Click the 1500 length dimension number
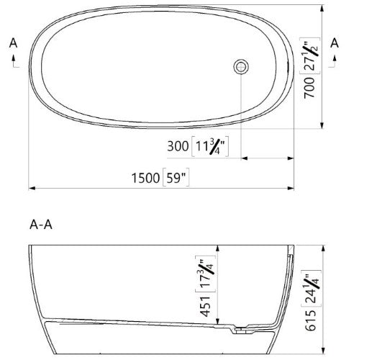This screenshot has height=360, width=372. (x=146, y=176)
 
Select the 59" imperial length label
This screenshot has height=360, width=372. (x=178, y=176)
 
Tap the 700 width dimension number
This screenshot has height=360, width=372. (x=309, y=87)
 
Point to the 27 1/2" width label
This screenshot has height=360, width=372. (x=309, y=55)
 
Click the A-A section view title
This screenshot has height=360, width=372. (x=40, y=224)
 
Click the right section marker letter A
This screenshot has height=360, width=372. (x=333, y=43)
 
